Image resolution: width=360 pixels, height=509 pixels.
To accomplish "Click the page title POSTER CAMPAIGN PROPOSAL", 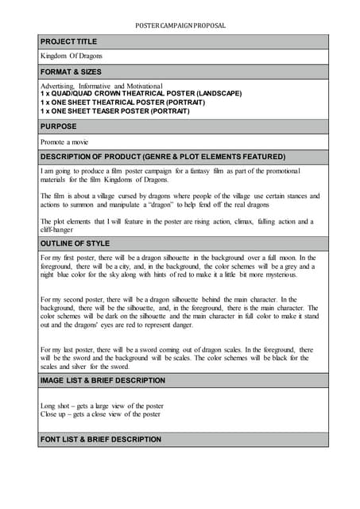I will [180, 25].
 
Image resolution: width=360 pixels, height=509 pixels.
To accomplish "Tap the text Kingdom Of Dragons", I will [71, 56].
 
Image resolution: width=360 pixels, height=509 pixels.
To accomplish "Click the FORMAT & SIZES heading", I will [72, 72].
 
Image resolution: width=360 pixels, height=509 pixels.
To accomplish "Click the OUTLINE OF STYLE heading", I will [75, 243].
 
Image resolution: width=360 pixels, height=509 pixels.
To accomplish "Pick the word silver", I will [96, 367].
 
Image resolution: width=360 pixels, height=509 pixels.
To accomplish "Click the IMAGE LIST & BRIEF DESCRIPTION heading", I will [103, 382].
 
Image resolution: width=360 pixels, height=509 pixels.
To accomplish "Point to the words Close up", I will [55, 414].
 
